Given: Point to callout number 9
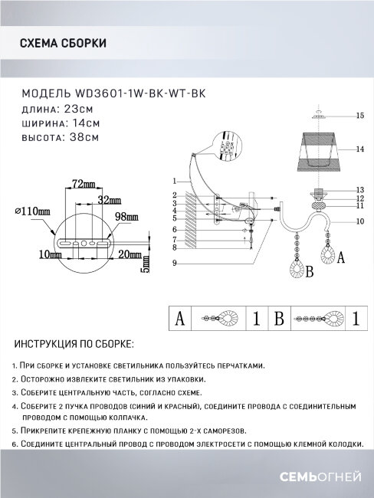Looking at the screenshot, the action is (x=175, y=264).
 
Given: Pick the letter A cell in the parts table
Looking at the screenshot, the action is (x=179, y=316).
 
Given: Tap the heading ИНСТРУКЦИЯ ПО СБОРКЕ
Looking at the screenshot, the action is (x=73, y=344).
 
